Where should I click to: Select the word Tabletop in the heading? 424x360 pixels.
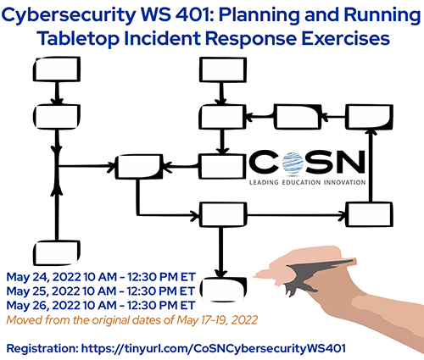(79, 38)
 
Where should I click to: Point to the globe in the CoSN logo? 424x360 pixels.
(293, 163)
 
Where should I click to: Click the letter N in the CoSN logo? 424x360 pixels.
(348, 162)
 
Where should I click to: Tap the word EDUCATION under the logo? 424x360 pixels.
(301, 182)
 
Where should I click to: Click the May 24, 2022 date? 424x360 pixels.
(43, 277)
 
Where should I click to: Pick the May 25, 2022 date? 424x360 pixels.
(43, 291)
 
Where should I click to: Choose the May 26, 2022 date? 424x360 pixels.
(43, 305)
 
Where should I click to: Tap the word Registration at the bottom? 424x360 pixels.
(42, 348)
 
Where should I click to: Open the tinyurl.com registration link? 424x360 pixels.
(214, 348)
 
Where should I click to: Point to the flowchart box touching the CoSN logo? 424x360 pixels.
(222, 166)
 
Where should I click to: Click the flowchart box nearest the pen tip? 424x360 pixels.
(222, 289)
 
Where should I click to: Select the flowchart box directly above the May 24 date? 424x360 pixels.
(57, 252)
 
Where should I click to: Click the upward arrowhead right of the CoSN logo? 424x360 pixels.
(372, 131)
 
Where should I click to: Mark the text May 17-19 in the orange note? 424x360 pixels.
(202, 320)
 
